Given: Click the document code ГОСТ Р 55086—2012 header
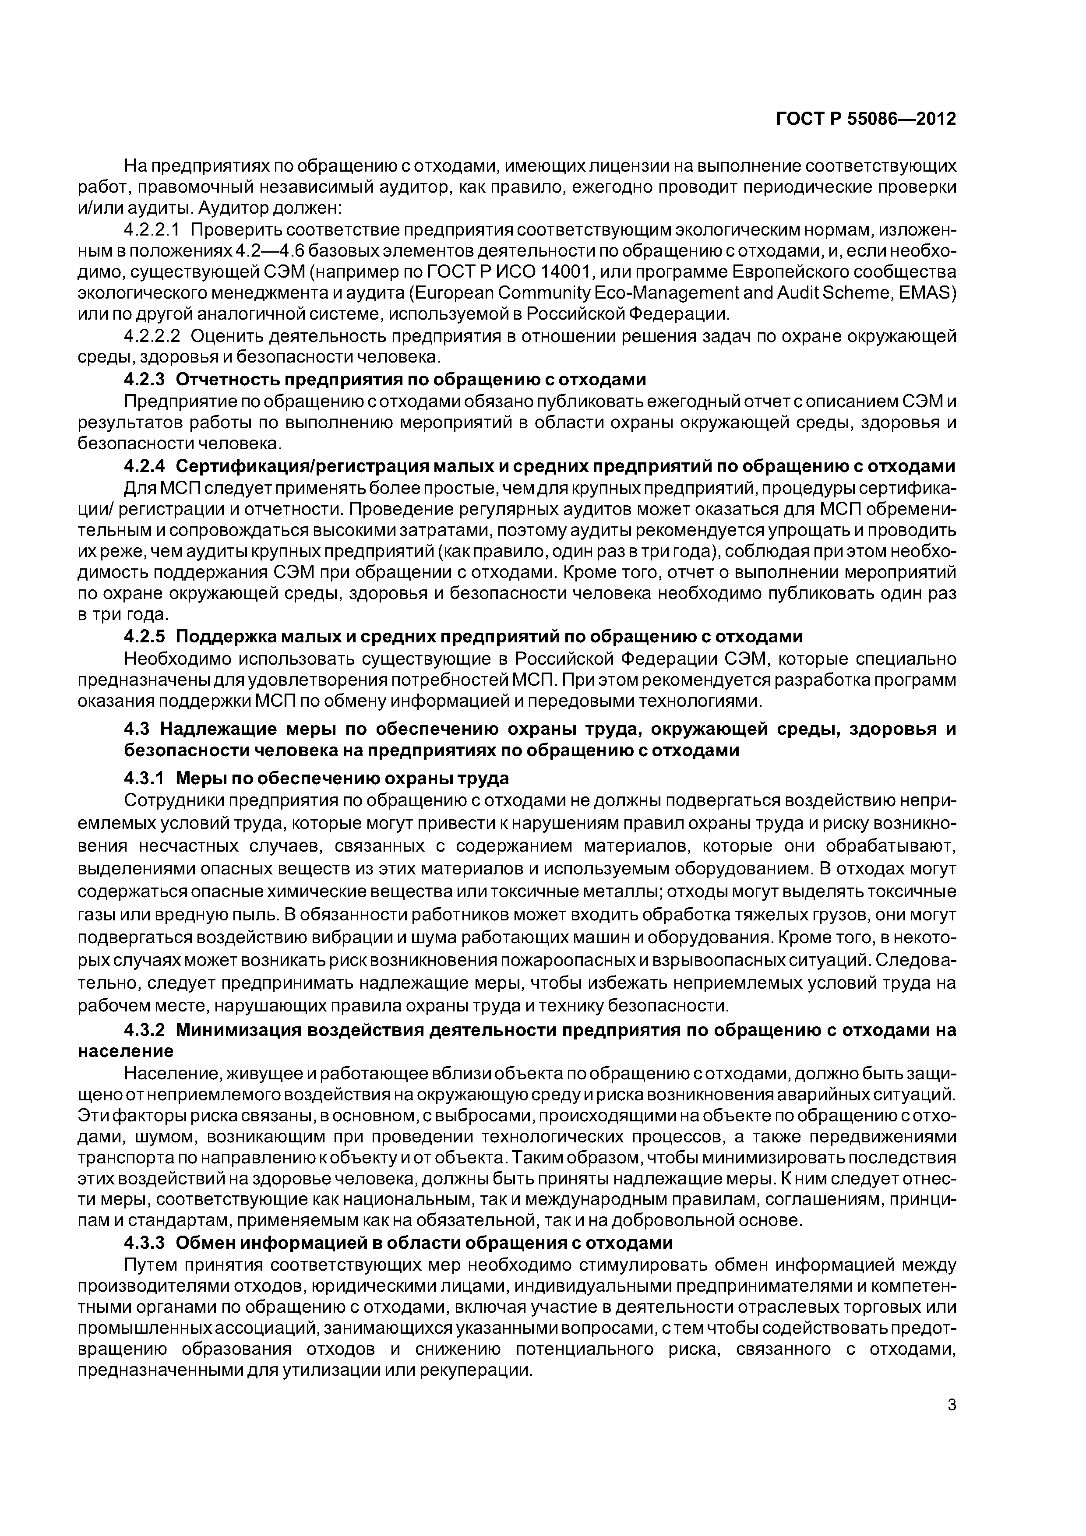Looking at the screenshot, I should (x=866, y=119).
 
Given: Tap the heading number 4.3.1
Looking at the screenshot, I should (x=144, y=778).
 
